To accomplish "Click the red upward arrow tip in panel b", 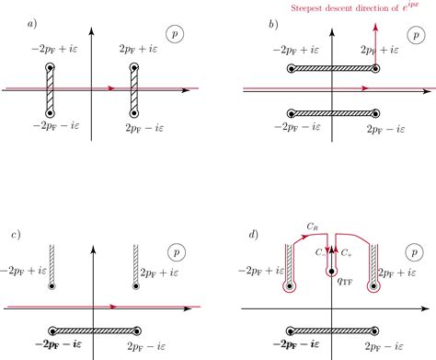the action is click(374, 25).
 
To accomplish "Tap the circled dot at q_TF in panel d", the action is click(330, 272).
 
